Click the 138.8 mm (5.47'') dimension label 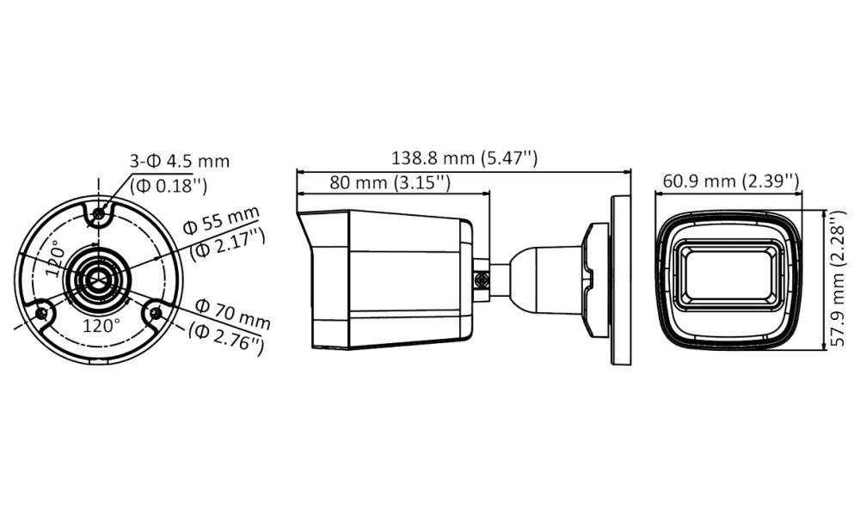click(465, 158)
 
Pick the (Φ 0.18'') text click(169, 183)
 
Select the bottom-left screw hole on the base click(41, 313)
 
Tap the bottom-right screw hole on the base click(156, 313)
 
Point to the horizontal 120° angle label click(101, 327)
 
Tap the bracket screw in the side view click(482, 279)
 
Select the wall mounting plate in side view click(620, 279)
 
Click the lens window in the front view click(729, 274)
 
